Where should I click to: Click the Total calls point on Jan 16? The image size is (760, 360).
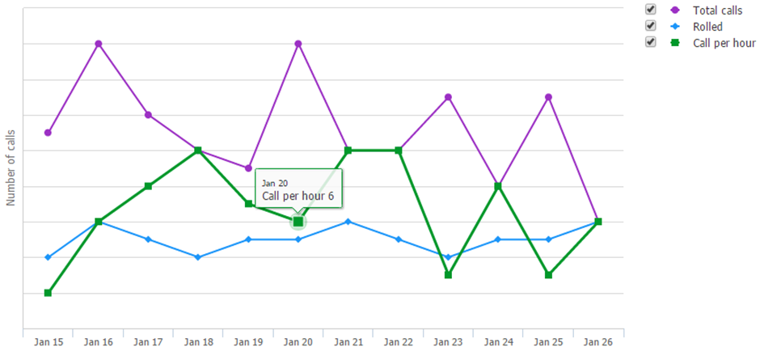click(x=99, y=44)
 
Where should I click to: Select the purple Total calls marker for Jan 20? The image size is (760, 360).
click(x=298, y=44)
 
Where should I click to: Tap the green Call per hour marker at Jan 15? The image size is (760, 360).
click(x=48, y=293)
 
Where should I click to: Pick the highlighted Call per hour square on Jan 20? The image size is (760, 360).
click(x=298, y=222)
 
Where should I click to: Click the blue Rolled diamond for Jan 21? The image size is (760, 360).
click(x=348, y=222)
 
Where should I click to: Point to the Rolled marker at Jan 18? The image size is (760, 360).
click(x=198, y=257)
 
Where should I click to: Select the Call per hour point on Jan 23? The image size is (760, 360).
click(x=449, y=275)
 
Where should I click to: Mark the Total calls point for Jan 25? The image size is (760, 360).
click(x=548, y=97)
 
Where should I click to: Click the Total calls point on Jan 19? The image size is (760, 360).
click(x=248, y=168)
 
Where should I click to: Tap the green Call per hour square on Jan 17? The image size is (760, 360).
click(x=148, y=186)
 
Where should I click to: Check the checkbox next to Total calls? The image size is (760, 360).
click(x=651, y=9)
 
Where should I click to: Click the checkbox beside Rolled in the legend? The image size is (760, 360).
click(x=651, y=26)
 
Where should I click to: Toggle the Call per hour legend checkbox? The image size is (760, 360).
click(x=651, y=42)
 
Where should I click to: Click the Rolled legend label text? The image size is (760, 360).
click(x=707, y=27)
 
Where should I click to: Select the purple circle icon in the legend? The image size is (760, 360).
click(x=674, y=11)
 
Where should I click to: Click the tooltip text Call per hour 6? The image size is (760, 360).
click(x=298, y=196)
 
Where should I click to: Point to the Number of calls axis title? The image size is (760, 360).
click(x=11, y=168)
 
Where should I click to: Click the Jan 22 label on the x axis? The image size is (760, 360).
click(x=399, y=342)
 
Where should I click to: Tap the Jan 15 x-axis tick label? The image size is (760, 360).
click(x=49, y=342)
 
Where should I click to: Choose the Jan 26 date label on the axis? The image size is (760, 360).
click(x=598, y=342)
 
